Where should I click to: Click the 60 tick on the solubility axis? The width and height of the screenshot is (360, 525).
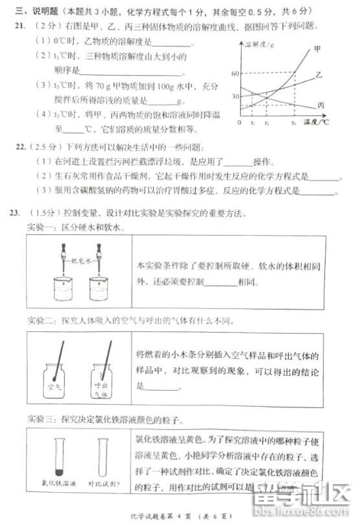[x=235, y=74]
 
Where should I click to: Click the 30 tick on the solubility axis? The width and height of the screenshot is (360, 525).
[x=235, y=96]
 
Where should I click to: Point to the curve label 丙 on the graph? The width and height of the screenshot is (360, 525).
[x=321, y=105]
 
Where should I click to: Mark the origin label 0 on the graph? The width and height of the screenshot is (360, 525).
[x=239, y=121]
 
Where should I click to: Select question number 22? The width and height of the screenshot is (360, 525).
[x=19, y=147]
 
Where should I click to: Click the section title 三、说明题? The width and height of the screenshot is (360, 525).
[x=34, y=10]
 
